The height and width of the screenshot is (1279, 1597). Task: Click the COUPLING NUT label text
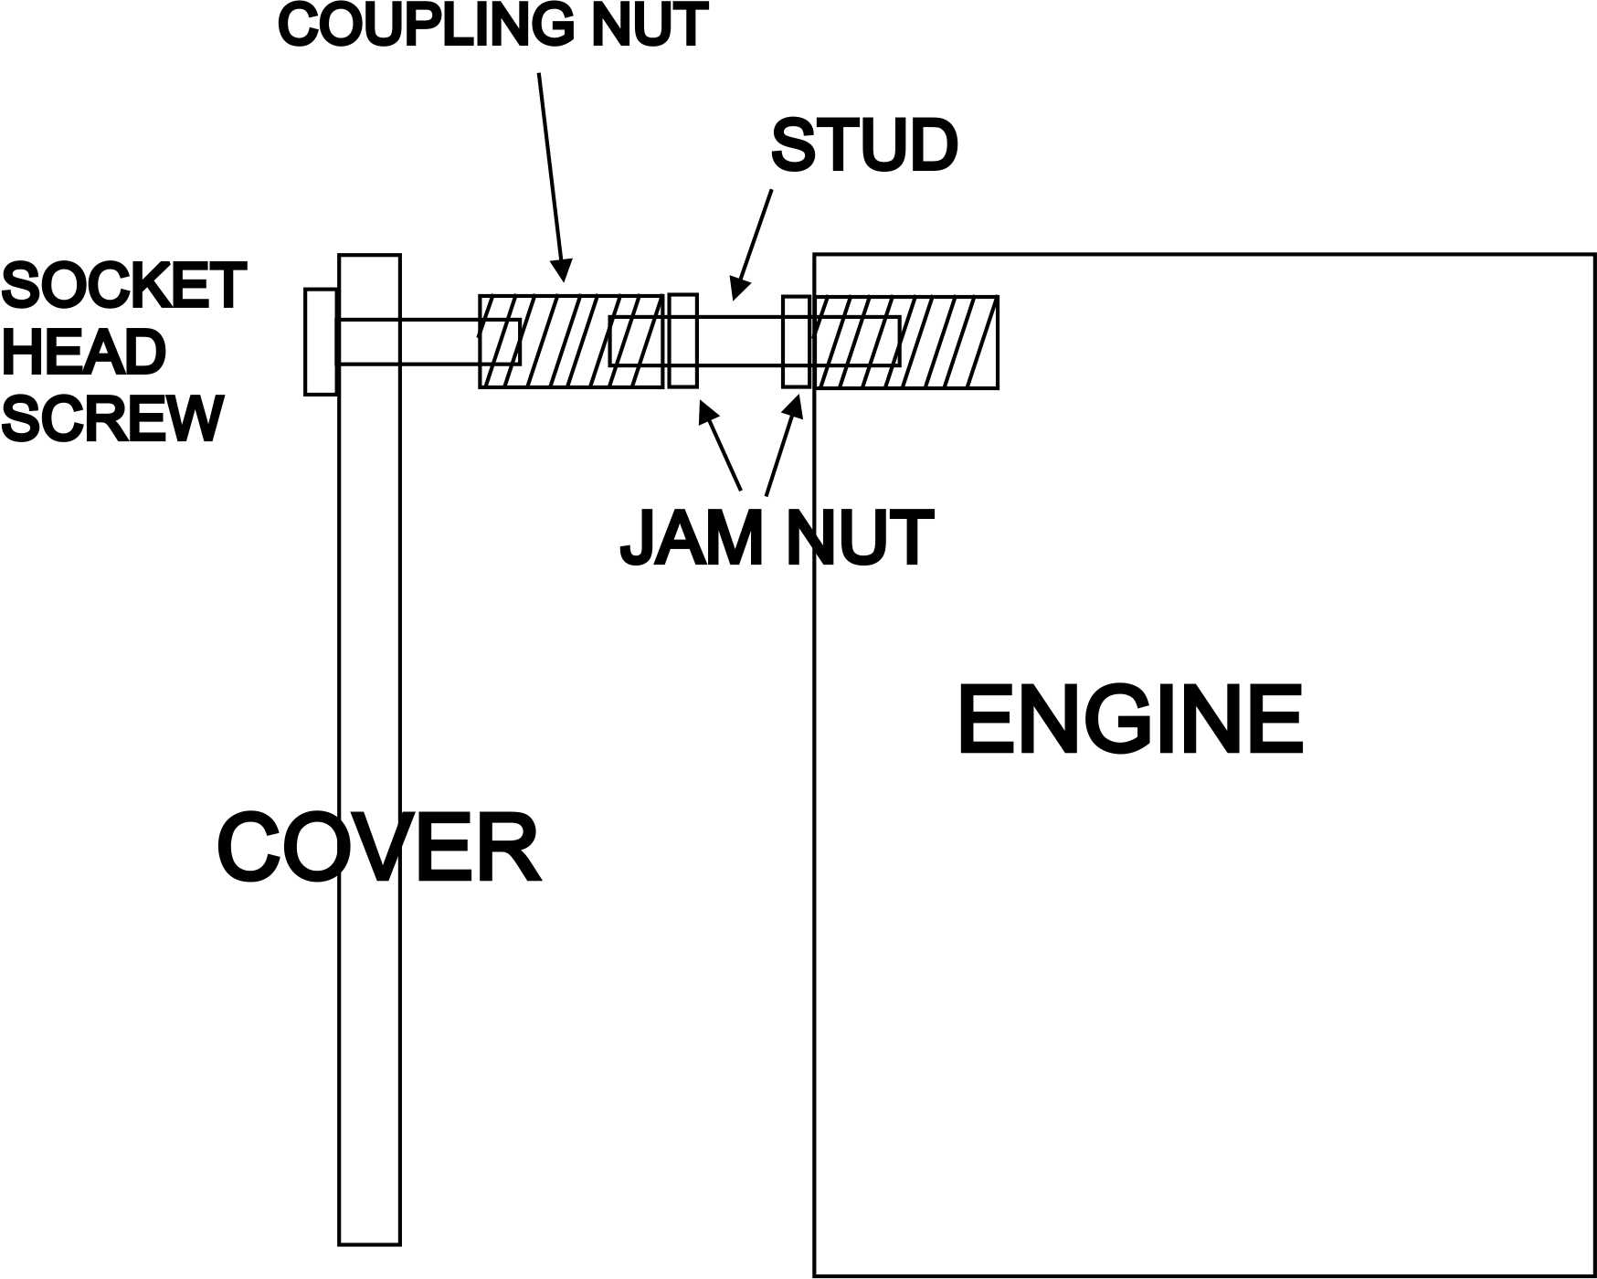pyautogui.click(x=493, y=26)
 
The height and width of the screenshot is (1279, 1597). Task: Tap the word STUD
pyautogui.click(x=863, y=146)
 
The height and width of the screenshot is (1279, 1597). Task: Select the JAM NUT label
pyautogui.click(x=776, y=539)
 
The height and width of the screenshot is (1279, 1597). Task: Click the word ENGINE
pyautogui.click(x=1130, y=722)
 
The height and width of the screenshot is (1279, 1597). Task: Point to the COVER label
pyautogui.click(x=379, y=850)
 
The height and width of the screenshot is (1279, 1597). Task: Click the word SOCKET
pyautogui.click(x=123, y=286)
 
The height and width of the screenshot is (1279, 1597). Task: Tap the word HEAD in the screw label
pyautogui.click(x=84, y=353)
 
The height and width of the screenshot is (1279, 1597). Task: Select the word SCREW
pyautogui.click(x=112, y=419)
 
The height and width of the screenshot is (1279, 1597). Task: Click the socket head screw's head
pyautogui.click(x=321, y=342)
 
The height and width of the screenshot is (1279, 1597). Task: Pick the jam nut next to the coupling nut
pyautogui.click(x=682, y=341)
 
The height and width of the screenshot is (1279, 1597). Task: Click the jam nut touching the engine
pyautogui.click(x=796, y=342)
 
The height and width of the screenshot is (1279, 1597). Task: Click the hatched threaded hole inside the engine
pyautogui.click(x=950, y=342)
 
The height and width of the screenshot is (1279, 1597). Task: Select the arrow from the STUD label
pyautogui.click(x=754, y=242)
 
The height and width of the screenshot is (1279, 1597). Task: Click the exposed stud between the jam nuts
pyautogui.click(x=740, y=341)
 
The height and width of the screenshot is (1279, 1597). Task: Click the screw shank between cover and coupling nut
pyautogui.click(x=439, y=342)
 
